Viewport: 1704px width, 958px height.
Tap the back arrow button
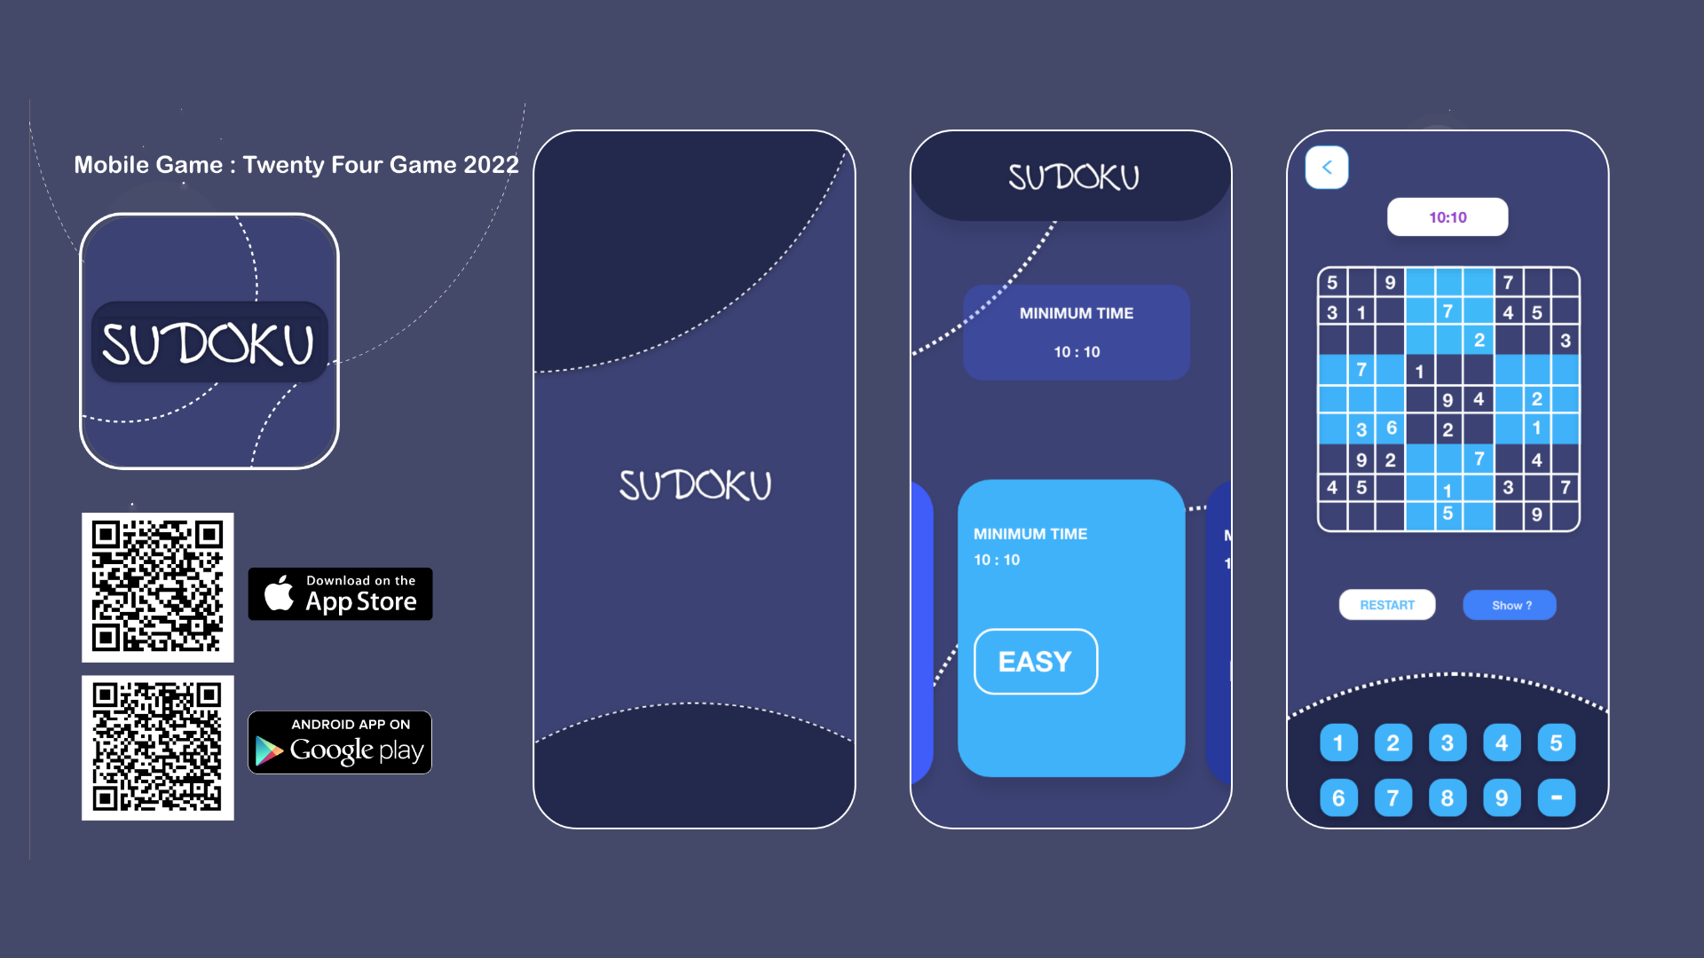click(1327, 168)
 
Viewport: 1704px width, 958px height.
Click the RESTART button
click(1387, 605)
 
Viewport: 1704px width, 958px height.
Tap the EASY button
click(1036, 662)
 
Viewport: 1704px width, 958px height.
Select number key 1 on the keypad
click(1338, 743)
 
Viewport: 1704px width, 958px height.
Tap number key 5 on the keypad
click(1556, 743)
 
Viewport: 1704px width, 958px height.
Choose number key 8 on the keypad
click(1448, 797)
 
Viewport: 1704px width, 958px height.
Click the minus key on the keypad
click(1556, 797)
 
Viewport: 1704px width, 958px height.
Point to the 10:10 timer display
click(1448, 217)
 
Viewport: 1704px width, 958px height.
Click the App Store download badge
click(340, 594)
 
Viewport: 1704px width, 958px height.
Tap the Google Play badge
click(340, 742)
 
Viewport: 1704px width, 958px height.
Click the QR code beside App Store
click(158, 587)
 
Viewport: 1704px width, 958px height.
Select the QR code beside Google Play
click(158, 748)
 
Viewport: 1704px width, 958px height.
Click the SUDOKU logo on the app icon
click(209, 344)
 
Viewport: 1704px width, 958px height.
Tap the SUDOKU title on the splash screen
click(696, 485)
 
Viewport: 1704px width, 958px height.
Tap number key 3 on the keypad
click(1448, 743)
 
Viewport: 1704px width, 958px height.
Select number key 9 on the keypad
click(1502, 797)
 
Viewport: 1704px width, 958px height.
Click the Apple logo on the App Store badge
click(279, 593)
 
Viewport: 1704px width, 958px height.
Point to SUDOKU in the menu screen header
click(1073, 177)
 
